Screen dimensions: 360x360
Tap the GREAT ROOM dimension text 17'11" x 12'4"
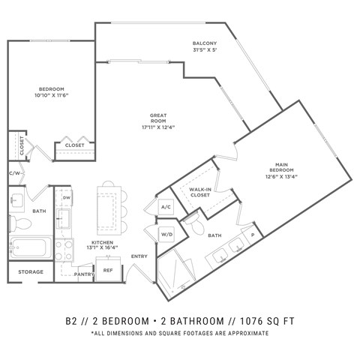(x=158, y=127)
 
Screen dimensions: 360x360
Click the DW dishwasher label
(x=67, y=198)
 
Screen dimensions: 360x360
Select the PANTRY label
(x=83, y=274)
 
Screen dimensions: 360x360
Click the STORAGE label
(x=31, y=271)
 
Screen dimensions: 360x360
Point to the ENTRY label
(x=139, y=256)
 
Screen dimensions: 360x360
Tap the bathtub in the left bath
(x=31, y=247)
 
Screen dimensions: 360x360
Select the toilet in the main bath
(x=196, y=224)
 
